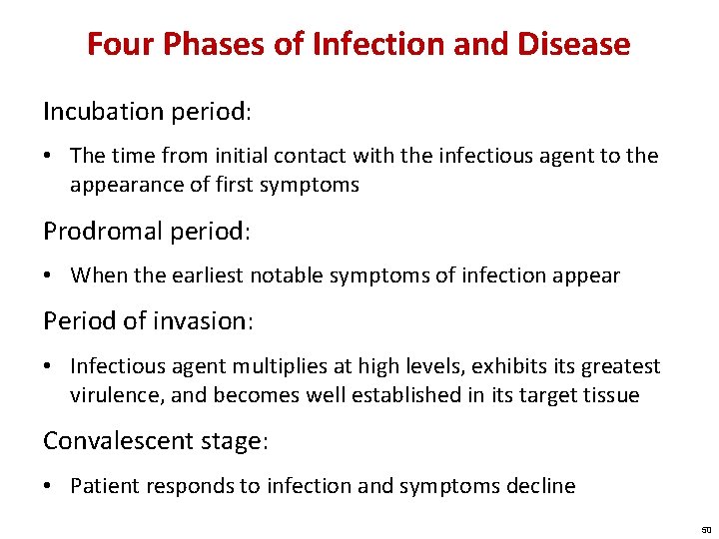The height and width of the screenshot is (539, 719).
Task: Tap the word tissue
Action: (x=612, y=395)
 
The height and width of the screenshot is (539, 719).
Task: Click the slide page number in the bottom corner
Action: (x=705, y=529)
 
